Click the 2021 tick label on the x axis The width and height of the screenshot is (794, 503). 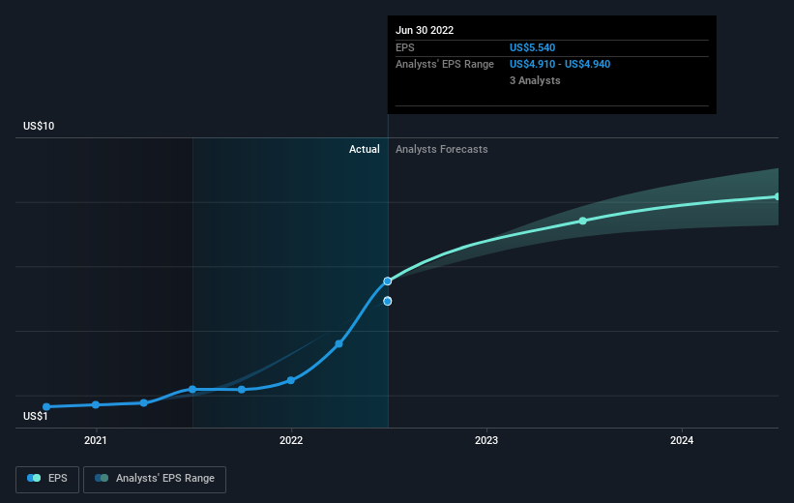96,441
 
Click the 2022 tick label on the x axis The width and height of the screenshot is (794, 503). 291,441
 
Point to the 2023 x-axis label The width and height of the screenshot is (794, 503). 486,441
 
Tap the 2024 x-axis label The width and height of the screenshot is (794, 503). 682,441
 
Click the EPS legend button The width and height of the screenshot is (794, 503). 47,478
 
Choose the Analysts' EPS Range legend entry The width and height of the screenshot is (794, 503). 155,478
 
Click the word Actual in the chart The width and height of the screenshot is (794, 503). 365,149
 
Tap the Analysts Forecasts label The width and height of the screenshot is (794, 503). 441,149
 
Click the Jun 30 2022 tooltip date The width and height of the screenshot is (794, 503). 425,30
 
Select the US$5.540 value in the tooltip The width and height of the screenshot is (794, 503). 533,47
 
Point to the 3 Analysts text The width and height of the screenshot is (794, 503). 535,80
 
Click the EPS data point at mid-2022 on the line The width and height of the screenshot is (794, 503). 388,281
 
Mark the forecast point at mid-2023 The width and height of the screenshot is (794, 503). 583,221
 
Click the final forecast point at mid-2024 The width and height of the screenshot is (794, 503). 778,196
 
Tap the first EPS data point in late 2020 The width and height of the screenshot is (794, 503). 46,406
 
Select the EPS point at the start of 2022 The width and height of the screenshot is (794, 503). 291,380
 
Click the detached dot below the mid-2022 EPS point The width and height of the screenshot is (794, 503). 388,301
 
